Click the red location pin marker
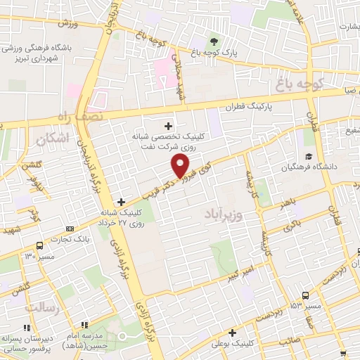(x=181, y=165)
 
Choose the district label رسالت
(x=40, y=308)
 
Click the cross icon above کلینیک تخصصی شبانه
(x=167, y=125)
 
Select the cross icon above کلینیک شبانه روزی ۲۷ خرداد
(x=122, y=202)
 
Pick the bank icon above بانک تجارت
(x=69, y=229)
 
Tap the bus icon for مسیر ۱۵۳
(x=304, y=295)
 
